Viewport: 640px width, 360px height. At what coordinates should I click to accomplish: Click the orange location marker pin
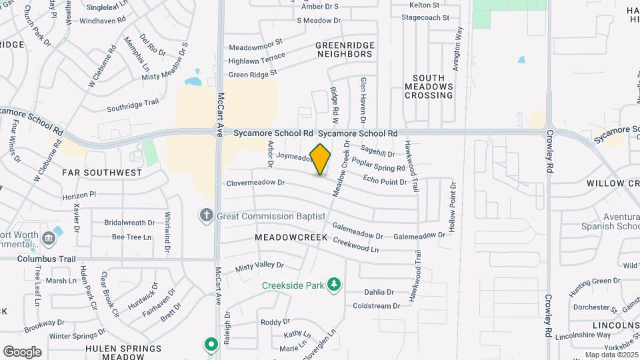click(320, 159)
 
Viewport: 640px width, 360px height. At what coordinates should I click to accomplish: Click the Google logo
click(22, 351)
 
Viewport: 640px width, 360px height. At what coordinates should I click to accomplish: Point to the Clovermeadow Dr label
click(255, 182)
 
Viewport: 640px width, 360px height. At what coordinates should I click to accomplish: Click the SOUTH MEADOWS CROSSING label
click(429, 87)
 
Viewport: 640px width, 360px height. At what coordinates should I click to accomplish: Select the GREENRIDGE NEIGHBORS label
click(345, 49)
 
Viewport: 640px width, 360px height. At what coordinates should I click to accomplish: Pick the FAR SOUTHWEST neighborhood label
click(101, 173)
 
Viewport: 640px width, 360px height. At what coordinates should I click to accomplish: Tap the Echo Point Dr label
click(385, 180)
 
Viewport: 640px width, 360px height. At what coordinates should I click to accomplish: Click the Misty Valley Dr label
click(259, 266)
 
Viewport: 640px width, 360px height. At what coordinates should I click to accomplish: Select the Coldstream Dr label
click(376, 306)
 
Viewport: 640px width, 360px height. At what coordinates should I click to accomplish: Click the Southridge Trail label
click(133, 105)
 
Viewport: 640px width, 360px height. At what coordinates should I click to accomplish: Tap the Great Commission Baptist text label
click(271, 216)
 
